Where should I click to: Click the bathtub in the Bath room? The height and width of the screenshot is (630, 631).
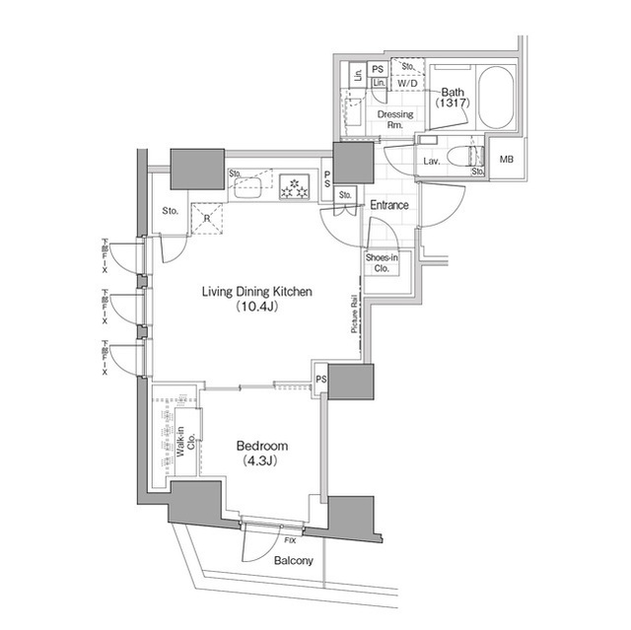(494, 99)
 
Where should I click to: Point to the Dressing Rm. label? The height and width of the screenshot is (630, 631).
(395, 120)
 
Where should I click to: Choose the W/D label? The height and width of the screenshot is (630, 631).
(405, 85)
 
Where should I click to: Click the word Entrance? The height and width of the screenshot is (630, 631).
(389, 205)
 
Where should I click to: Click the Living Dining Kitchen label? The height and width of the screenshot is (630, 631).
(256, 292)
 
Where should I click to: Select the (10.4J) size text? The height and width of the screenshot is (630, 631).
(256, 308)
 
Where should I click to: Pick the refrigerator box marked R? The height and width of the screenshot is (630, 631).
(208, 219)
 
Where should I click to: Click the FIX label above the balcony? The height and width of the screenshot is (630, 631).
(290, 541)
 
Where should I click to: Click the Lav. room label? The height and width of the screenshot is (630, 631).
(431, 160)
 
